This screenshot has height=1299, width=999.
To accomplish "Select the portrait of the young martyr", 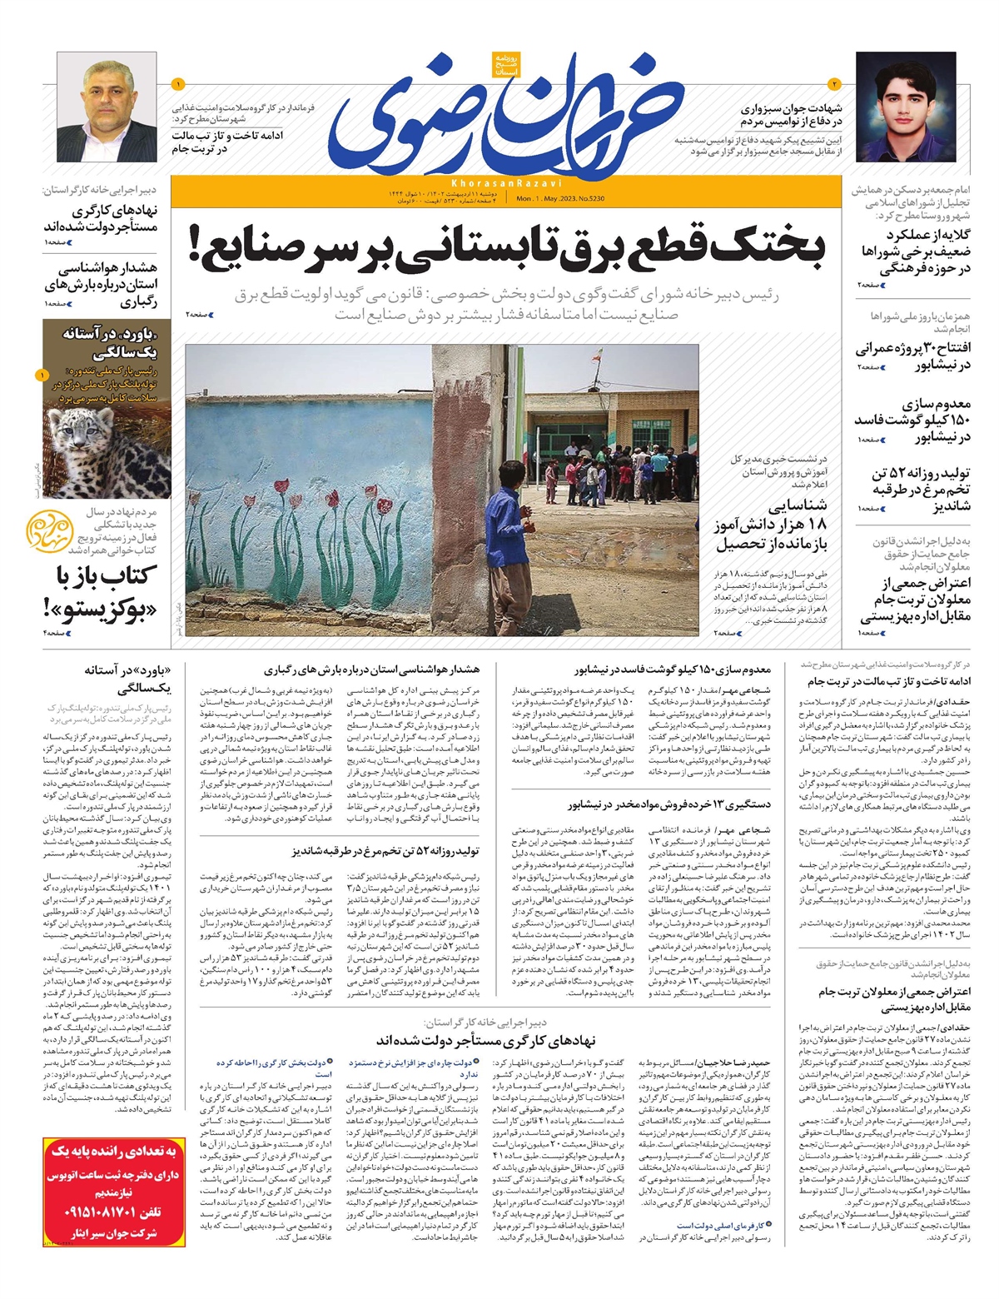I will pos(905,106).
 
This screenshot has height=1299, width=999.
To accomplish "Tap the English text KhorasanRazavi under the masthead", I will pos(507,182).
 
